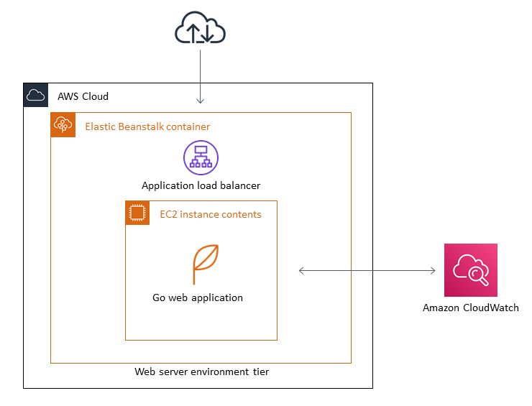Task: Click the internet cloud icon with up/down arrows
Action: pyautogui.click(x=200, y=29)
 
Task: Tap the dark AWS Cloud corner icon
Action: pyautogui.click(x=35, y=95)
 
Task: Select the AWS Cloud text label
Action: pyautogui.click(x=83, y=96)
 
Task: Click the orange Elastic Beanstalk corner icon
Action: pyautogui.click(x=63, y=124)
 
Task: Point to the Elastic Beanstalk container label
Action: pyautogui.click(x=147, y=126)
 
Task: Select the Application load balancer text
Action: pyautogui.click(x=201, y=185)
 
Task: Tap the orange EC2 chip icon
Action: pyautogui.click(x=137, y=213)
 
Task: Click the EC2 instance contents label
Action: pyautogui.click(x=210, y=214)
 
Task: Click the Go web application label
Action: pyautogui.click(x=198, y=297)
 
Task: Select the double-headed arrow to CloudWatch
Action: pyautogui.click(x=367, y=270)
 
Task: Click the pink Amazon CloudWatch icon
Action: pyautogui.click(x=470, y=270)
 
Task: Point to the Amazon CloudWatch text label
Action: pyautogui.click(x=470, y=308)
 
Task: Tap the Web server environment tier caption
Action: pyautogui.click(x=201, y=372)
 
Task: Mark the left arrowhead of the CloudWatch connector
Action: pyautogui.click(x=302, y=270)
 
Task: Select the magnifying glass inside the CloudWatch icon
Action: pyautogui.click(x=475, y=274)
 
